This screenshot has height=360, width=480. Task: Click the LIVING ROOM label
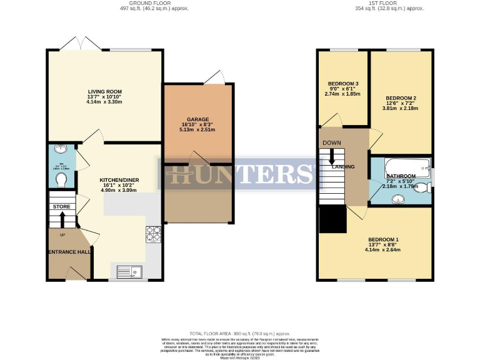(104, 92)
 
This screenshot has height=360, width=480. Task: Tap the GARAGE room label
(197, 119)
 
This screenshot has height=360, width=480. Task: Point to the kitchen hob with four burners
(153, 233)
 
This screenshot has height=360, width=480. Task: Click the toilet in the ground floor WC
(61, 179)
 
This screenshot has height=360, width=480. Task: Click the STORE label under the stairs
(61, 206)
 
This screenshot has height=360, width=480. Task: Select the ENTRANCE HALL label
(68, 252)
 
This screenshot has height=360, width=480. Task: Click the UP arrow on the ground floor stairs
(61, 221)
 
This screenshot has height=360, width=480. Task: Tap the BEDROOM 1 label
(383, 240)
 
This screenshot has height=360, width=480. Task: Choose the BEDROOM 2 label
(401, 98)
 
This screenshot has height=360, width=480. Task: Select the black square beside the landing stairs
(332, 219)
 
